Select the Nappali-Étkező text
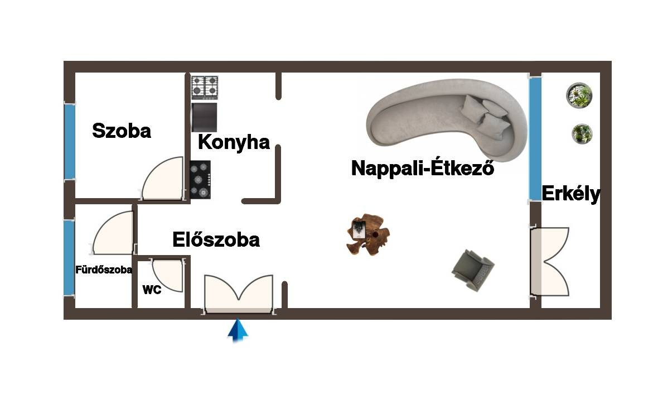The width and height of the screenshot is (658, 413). click(423, 167)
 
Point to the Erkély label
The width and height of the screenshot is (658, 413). click(571, 194)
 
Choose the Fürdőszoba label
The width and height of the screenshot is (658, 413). click(104, 270)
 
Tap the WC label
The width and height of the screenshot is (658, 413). click(152, 290)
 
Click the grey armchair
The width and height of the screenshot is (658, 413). click(472, 270)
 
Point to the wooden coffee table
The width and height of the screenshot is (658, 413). click(367, 234)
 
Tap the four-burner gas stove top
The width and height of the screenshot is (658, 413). click(205, 88)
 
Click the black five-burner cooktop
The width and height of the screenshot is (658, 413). click(200, 180)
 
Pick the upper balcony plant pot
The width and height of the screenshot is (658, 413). click(579, 95)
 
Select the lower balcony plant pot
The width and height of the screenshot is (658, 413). click(582, 133)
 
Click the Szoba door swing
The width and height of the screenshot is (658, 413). click(162, 179)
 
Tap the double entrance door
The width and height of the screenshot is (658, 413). click(239, 294)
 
